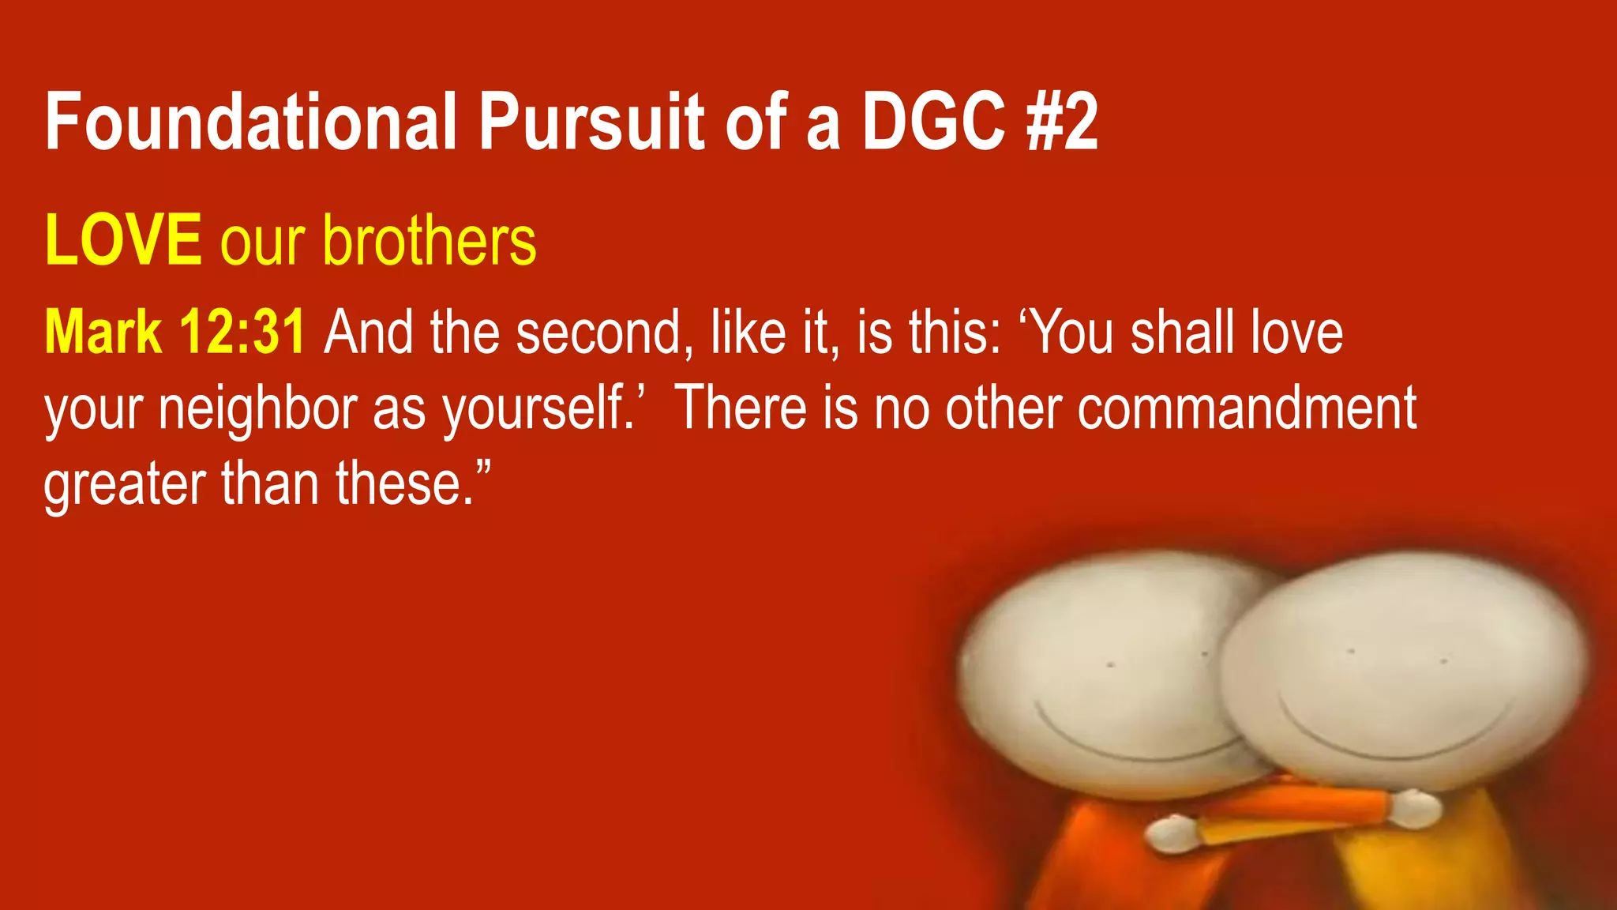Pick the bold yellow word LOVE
pos(123,240)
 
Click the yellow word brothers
pos(430,240)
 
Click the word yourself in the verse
pos(537,409)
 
